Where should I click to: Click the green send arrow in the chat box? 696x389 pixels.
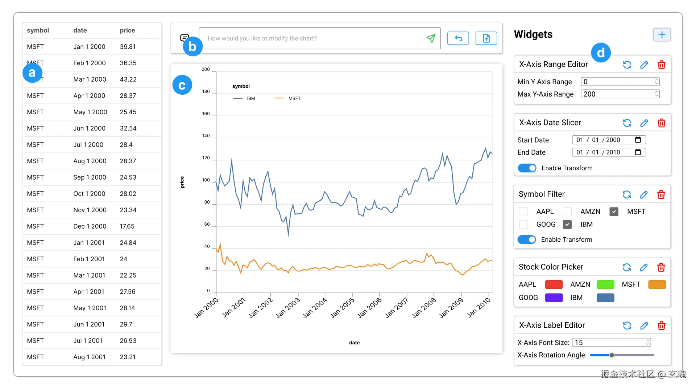pyautogui.click(x=431, y=38)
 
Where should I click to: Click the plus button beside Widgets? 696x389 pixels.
pyautogui.click(x=662, y=35)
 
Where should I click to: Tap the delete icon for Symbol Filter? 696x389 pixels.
pyautogui.click(x=661, y=194)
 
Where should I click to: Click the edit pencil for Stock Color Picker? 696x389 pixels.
pyautogui.click(x=644, y=267)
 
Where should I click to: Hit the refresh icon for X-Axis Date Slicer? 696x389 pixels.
pyautogui.click(x=627, y=123)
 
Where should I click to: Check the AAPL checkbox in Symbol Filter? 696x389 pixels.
pyautogui.click(x=523, y=212)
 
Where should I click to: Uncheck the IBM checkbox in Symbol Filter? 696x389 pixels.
pyautogui.click(x=567, y=225)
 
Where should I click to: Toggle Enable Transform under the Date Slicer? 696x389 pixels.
pyautogui.click(x=527, y=168)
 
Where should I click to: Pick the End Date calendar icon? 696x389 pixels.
pyautogui.click(x=638, y=152)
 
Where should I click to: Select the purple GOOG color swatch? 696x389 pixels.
pyautogui.click(x=554, y=298)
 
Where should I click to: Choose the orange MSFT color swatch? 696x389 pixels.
pyautogui.click(x=657, y=284)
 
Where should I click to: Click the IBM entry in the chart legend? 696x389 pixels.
pyautogui.click(x=250, y=98)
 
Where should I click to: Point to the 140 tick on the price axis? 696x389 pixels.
pyautogui.click(x=206, y=136)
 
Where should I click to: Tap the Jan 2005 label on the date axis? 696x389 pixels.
pyautogui.click(x=343, y=308)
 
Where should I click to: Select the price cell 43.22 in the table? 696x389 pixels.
pyautogui.click(x=128, y=79)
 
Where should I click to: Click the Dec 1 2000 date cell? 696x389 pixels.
pyautogui.click(x=90, y=226)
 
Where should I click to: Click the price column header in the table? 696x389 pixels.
pyautogui.click(x=127, y=30)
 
